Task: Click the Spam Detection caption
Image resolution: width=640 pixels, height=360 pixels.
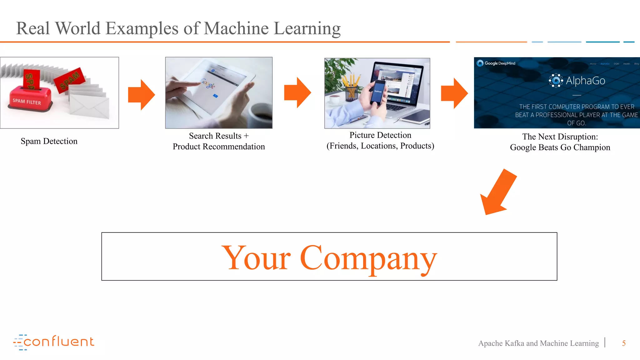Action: point(49,141)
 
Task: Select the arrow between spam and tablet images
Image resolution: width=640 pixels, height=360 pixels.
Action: point(142,95)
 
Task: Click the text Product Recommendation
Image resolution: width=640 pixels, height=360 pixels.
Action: point(218,147)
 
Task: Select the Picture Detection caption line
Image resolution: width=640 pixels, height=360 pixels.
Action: point(380,135)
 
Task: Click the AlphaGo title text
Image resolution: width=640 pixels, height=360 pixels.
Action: point(585,81)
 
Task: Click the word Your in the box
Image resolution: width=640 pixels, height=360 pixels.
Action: point(256,258)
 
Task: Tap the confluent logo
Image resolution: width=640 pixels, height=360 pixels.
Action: point(54,342)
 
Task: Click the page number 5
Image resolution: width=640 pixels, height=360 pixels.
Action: point(623,343)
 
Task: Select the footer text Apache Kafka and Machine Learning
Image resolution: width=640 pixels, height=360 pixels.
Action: point(538,343)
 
